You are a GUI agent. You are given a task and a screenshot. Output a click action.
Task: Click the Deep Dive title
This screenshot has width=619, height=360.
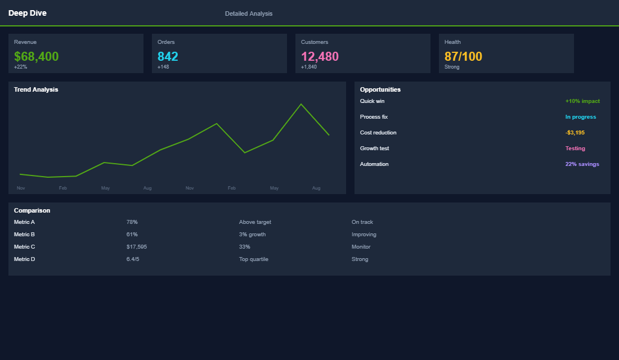pyautogui.click(x=28, y=13)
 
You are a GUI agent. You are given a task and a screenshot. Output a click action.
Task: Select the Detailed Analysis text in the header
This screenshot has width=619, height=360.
pyautogui.click(x=249, y=13)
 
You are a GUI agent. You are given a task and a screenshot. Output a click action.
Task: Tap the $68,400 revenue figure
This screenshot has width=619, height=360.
pyautogui.click(x=37, y=56)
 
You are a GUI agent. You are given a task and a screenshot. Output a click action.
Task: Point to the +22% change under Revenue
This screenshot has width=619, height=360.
pyautogui.click(x=20, y=67)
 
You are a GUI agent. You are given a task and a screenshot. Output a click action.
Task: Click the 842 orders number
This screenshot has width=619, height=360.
pyautogui.click(x=168, y=56)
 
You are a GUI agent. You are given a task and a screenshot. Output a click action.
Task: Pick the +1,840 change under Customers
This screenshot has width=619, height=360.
pyautogui.click(x=309, y=67)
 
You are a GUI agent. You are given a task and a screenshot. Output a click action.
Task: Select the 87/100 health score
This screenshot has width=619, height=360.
pyautogui.click(x=463, y=56)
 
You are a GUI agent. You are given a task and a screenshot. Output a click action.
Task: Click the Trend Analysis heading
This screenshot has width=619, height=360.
pyautogui.click(x=36, y=89)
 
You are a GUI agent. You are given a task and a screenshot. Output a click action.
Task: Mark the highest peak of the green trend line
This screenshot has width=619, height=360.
pyautogui.click(x=301, y=104)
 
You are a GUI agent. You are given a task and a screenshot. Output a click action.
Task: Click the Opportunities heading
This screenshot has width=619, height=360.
pyautogui.click(x=380, y=89)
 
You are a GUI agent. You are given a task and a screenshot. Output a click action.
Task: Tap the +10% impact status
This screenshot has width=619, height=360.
pyautogui.click(x=582, y=101)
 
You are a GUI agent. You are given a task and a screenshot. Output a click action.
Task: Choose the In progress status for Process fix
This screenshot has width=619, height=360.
pyautogui.click(x=580, y=117)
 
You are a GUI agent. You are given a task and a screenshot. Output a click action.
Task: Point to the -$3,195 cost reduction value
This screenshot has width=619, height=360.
pyautogui.click(x=575, y=133)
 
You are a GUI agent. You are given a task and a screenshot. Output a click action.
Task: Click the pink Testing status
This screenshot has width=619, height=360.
pyautogui.click(x=575, y=148)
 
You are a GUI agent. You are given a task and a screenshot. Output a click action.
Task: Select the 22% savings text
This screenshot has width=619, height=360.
pyautogui.click(x=582, y=164)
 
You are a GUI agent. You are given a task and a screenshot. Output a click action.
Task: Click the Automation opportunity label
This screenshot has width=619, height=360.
pyautogui.click(x=374, y=164)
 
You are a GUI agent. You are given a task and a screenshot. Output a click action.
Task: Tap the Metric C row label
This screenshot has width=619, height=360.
pyautogui.click(x=25, y=247)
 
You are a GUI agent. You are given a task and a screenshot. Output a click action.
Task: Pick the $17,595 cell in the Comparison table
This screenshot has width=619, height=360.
pyautogui.click(x=137, y=247)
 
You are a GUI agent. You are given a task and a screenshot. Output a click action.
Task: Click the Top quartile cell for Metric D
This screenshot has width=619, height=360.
pyautogui.click(x=254, y=259)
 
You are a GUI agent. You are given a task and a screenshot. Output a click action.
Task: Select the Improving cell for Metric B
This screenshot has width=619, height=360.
pyautogui.click(x=364, y=235)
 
